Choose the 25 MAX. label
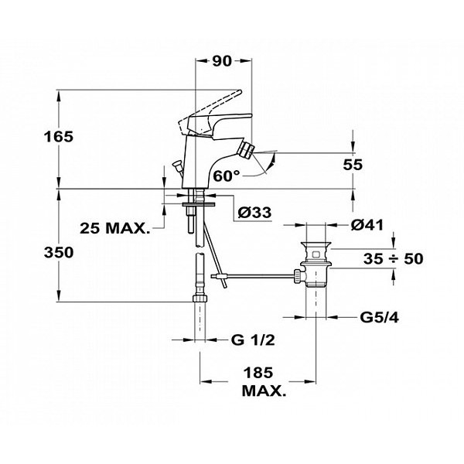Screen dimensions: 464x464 [114, 228]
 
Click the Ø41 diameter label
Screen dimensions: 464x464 [368, 225]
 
